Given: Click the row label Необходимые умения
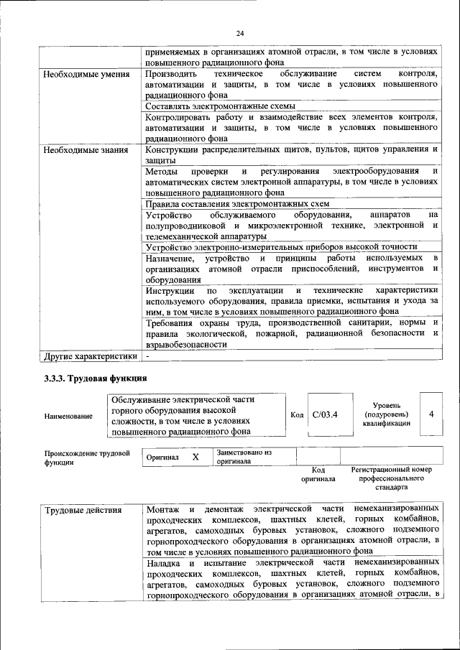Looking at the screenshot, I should point(86,74).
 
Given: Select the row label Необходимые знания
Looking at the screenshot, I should point(86,150).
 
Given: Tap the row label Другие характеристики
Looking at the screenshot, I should point(91,356).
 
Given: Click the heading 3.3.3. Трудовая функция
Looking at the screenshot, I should point(96,379).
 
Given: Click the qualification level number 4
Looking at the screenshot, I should point(431,414).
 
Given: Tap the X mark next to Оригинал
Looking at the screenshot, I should point(195,457).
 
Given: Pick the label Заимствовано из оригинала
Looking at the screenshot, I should point(244,457).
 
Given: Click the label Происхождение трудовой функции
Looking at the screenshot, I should point(87,458).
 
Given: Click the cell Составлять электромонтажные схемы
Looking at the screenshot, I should point(215,106).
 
